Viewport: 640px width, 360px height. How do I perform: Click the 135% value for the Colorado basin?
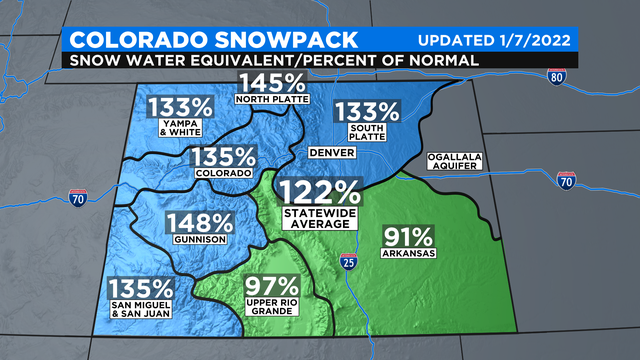(223, 157)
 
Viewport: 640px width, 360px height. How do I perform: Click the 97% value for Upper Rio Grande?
(268, 286)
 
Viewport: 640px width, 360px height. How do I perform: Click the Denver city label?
(328, 153)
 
